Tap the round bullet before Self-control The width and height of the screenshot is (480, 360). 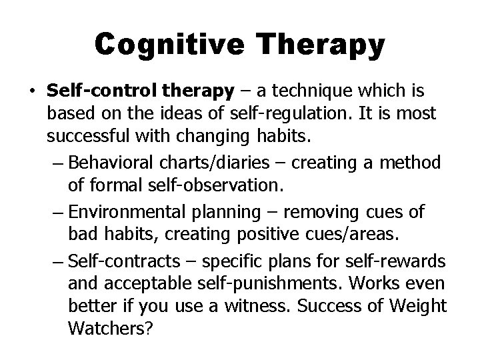click(33, 89)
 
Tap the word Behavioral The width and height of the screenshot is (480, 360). click(115, 161)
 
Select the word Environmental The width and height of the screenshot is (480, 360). click(125, 212)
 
